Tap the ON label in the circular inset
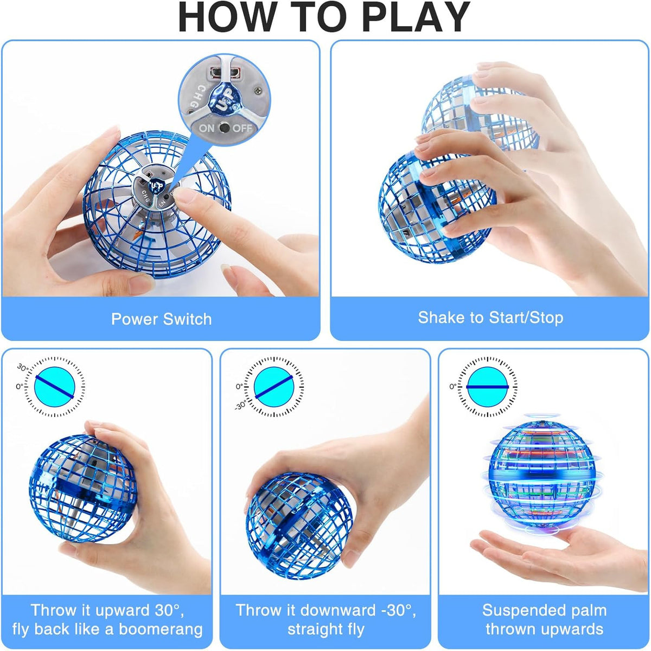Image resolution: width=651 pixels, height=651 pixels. pyautogui.click(x=206, y=128)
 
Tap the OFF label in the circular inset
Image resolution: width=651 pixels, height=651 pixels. pyautogui.click(x=242, y=128)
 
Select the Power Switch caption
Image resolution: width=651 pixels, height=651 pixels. pyautogui.click(x=162, y=319)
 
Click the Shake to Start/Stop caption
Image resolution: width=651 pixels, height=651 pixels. pyautogui.click(x=490, y=318)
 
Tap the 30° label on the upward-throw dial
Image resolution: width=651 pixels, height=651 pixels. pyautogui.click(x=23, y=368)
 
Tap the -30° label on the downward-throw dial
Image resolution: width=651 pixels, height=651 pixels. pyautogui.click(x=241, y=405)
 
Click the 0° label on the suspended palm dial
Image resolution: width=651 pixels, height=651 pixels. pyautogui.click(x=453, y=386)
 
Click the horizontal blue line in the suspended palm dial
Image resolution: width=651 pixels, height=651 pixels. pyautogui.click(x=488, y=387)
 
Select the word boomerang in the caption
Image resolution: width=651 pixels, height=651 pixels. pyautogui.click(x=161, y=629)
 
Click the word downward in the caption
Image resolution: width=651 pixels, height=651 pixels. pyautogui.click(x=338, y=610)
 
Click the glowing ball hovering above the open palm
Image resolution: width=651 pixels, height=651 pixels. pyautogui.click(x=541, y=476)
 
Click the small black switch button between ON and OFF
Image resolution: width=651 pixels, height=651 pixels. pyautogui.click(x=224, y=128)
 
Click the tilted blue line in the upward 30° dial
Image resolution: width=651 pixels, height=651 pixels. pyautogui.click(x=54, y=387)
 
